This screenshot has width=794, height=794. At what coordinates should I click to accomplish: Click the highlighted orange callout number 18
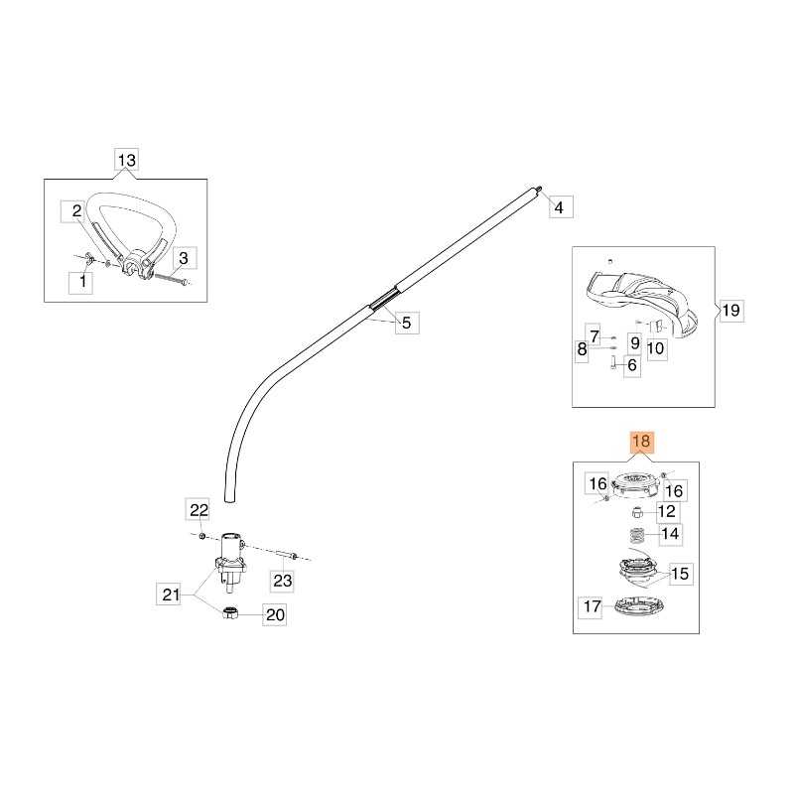(641, 443)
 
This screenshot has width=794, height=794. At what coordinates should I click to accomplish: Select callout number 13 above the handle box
(127, 159)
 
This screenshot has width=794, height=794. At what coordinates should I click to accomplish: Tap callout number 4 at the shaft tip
(558, 207)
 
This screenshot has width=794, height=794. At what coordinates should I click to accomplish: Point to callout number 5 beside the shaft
(406, 322)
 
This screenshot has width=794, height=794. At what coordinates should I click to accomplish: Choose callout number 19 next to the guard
(729, 311)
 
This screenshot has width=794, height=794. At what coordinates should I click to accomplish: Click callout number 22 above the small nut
(199, 510)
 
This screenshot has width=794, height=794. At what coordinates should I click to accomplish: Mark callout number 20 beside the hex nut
(275, 615)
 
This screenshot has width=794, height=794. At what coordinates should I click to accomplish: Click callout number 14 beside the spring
(672, 533)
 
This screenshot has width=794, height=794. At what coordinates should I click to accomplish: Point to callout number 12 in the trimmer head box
(667, 511)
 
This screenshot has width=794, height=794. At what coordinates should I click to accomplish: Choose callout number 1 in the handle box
(82, 283)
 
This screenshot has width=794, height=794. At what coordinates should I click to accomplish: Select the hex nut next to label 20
(229, 614)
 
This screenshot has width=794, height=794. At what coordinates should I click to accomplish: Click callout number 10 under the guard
(656, 347)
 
